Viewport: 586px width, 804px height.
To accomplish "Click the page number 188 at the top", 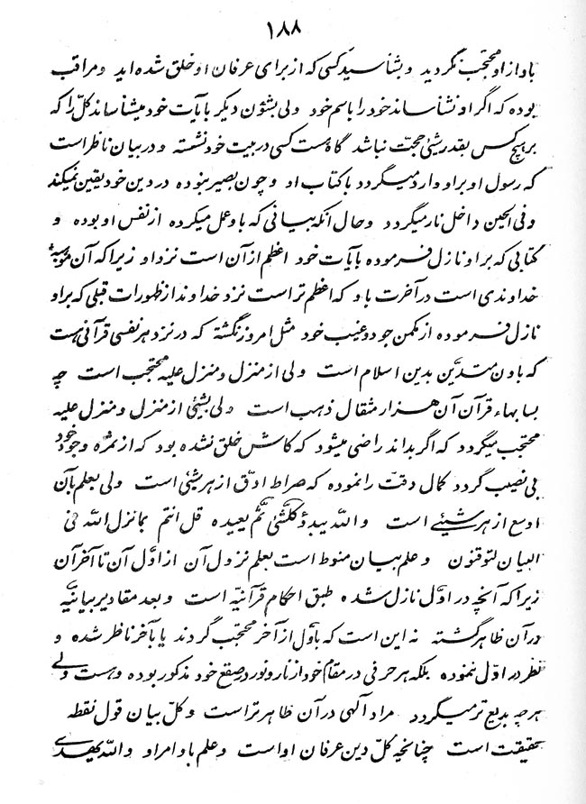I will pyautogui.click(x=290, y=27).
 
